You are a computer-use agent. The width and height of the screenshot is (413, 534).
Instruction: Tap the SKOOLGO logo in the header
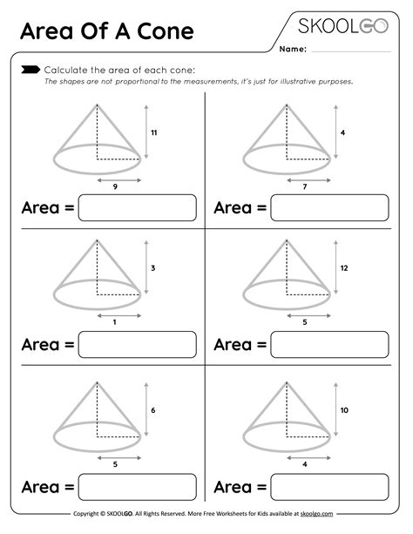343,24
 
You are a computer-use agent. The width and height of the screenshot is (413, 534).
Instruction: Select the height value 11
153,132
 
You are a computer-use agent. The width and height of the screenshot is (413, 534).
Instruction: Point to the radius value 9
115,187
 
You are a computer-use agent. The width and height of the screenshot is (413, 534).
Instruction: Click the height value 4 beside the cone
344,132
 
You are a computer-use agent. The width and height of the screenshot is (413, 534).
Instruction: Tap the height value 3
152,268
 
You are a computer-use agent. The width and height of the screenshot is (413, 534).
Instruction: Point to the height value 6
152,409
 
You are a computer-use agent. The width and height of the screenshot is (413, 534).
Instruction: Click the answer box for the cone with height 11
137,207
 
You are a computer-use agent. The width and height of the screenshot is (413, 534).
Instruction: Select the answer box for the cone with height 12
329,345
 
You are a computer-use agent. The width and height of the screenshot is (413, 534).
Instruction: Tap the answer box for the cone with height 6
137,486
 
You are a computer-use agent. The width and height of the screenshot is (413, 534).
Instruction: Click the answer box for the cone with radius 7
329,207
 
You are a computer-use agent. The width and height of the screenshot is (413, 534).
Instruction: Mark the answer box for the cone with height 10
329,486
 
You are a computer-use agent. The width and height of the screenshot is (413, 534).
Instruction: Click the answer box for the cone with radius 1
137,345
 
